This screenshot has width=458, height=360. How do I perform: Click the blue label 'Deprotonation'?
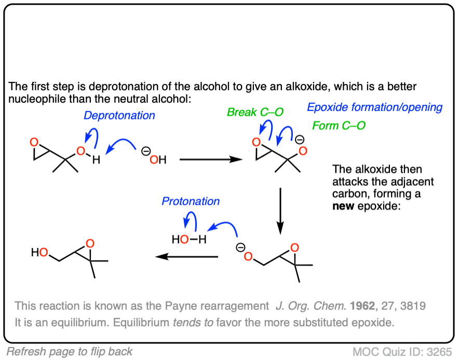click(x=119, y=115)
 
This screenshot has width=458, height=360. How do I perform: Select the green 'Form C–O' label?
click(x=339, y=125)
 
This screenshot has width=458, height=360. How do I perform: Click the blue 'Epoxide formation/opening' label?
click(x=374, y=107)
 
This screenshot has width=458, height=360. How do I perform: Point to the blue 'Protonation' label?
click(x=191, y=201)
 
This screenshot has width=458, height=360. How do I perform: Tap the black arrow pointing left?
click(x=187, y=256)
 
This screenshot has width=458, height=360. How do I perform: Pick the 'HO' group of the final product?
click(x=39, y=253)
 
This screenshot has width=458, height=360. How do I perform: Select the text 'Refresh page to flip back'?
click(x=70, y=351)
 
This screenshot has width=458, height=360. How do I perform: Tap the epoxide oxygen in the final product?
click(x=90, y=243)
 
